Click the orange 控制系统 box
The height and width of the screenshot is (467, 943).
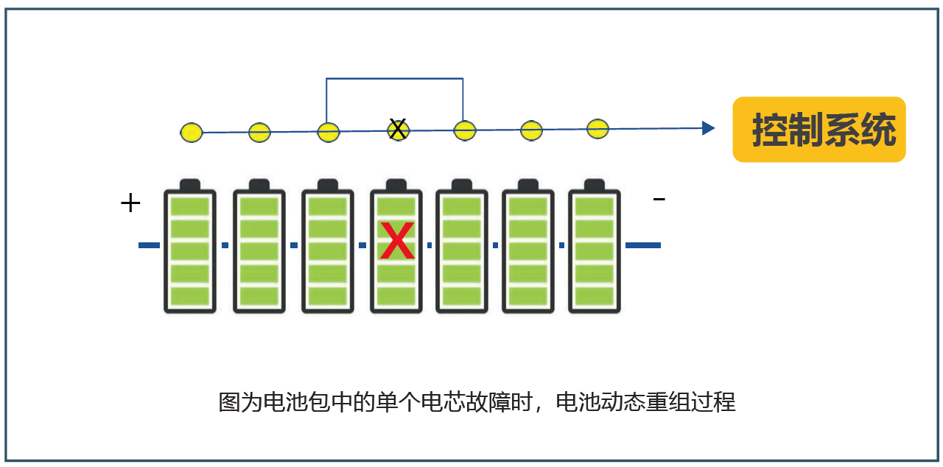pos(818,130)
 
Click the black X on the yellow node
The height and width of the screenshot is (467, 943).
pos(398,130)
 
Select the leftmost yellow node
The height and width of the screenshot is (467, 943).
pos(192,133)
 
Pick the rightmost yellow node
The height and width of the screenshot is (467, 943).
pos(598,128)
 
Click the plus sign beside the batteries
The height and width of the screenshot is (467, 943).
pos(130,203)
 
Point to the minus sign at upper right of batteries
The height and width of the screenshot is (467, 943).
pos(659,199)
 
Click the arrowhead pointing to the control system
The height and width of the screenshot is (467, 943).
pos(708,128)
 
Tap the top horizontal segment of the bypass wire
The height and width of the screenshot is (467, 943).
pos(395,78)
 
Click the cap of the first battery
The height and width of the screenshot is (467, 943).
pos(190,184)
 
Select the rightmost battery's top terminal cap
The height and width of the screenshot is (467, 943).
pos(594,184)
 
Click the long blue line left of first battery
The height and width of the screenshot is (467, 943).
pos(149,245)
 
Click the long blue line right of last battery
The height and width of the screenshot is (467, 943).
pos(642,245)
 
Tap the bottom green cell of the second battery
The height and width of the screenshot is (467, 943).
pos(259,296)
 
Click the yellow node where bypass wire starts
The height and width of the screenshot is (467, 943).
pos(329,133)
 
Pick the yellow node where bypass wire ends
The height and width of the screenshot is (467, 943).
pos(464,131)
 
